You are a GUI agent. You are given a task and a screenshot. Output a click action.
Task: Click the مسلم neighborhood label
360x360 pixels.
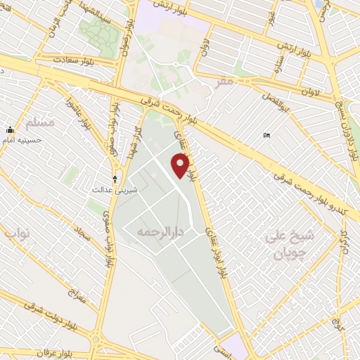coord(39,122)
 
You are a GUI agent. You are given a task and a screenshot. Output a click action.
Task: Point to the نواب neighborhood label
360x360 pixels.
coord(16,231)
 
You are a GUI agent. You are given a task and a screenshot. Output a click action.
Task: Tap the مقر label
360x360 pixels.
coord(224,82)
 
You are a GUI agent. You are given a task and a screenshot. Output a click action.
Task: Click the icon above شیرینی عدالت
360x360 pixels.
coord(115,179)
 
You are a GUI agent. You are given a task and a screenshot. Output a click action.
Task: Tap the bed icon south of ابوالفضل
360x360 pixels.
coord(265,135)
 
